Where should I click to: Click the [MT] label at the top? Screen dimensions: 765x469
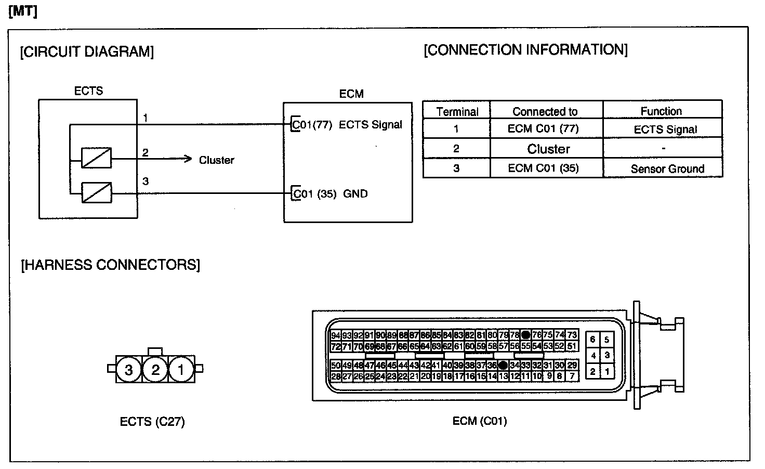(x=23, y=11)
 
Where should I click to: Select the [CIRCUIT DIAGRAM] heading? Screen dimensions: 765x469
(x=87, y=52)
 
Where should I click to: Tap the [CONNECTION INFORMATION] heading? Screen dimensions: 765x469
(x=525, y=50)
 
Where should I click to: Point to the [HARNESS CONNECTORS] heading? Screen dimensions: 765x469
(x=110, y=265)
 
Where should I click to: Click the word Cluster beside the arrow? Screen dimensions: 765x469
(x=216, y=160)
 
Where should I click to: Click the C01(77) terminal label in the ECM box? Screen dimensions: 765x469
(x=312, y=125)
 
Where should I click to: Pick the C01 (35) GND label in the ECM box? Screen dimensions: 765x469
(x=331, y=194)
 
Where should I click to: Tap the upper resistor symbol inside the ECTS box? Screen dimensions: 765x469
(x=96, y=158)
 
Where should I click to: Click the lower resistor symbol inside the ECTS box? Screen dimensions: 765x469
(x=96, y=193)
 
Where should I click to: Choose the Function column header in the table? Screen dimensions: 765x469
(x=661, y=111)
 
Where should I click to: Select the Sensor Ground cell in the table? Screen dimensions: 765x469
(x=667, y=169)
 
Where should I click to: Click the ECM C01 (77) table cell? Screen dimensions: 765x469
(x=543, y=129)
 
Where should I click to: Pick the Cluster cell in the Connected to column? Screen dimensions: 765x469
(x=548, y=149)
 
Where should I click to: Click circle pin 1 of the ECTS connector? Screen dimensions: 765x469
(x=181, y=370)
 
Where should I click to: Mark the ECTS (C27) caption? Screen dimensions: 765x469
(x=152, y=422)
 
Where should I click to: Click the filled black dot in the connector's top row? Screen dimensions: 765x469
(x=525, y=335)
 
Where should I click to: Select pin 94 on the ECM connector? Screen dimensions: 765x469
(x=336, y=335)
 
